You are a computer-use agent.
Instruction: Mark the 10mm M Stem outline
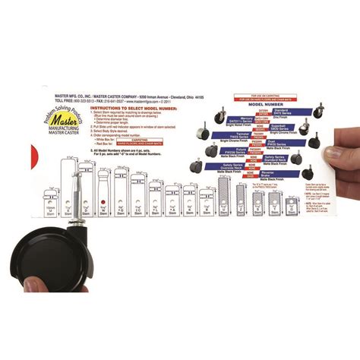pyautogui.click(x=49, y=204)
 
